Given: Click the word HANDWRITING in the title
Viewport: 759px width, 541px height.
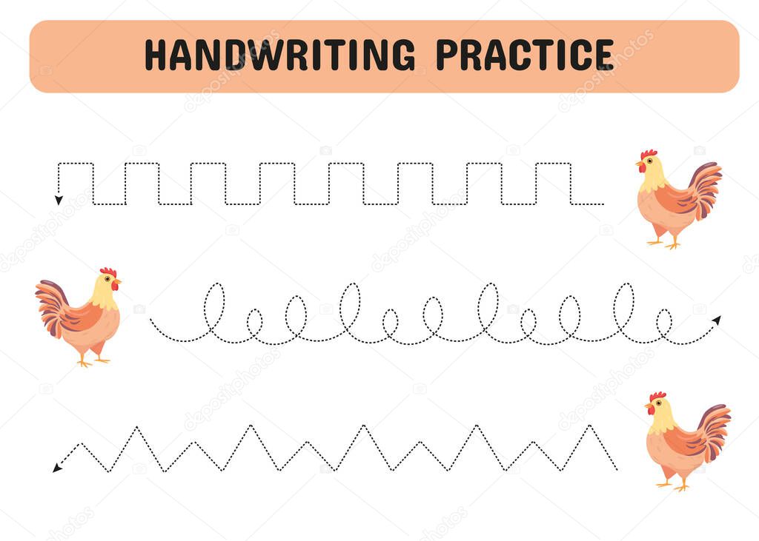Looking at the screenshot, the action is click(279, 55).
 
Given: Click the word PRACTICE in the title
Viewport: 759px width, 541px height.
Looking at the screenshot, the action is click(526, 55).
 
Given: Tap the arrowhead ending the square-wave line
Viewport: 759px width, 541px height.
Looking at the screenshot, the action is click(59, 200).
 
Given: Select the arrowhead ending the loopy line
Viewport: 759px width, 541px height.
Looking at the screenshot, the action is click(717, 320).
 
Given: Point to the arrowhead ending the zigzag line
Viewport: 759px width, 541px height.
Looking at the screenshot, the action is click(57, 468).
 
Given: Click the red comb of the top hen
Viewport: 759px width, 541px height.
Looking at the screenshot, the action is click(649, 154).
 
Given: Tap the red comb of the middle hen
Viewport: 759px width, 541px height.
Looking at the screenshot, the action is click(108, 272).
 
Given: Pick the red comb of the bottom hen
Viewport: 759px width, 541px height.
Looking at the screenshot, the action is click(657, 397).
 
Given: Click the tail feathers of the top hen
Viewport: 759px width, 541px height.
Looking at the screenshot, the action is click(705, 189).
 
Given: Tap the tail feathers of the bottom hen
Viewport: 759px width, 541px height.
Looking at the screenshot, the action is click(714, 431).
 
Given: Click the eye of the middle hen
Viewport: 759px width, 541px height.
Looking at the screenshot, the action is click(107, 279).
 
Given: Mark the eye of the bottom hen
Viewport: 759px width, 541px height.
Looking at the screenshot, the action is click(659, 403).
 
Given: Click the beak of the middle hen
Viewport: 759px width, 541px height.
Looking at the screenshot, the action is click(118, 281).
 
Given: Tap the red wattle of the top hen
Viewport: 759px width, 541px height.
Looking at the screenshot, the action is click(642, 168).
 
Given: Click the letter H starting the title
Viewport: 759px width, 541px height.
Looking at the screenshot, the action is click(156, 55).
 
